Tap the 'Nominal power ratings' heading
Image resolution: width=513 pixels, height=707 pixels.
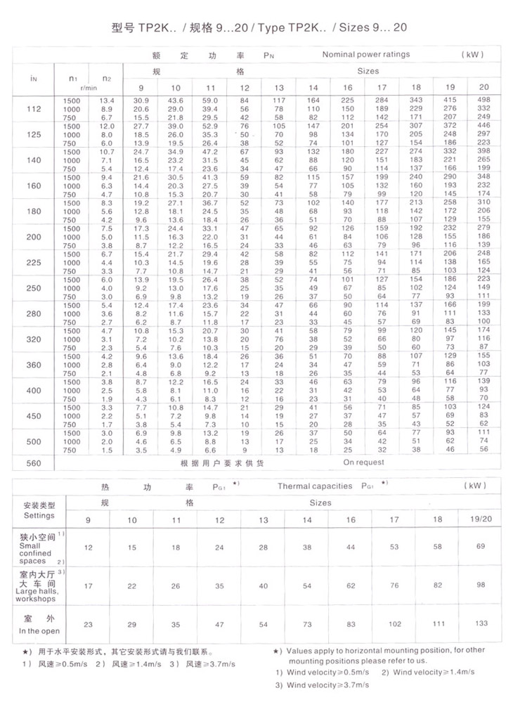[x=365, y=54]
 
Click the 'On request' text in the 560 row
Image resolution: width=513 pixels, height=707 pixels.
[x=365, y=462]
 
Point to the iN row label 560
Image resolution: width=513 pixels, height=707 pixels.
[x=33, y=463]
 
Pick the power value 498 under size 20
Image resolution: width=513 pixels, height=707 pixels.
[x=483, y=100]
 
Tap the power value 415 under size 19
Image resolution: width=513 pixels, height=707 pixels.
[x=450, y=100]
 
